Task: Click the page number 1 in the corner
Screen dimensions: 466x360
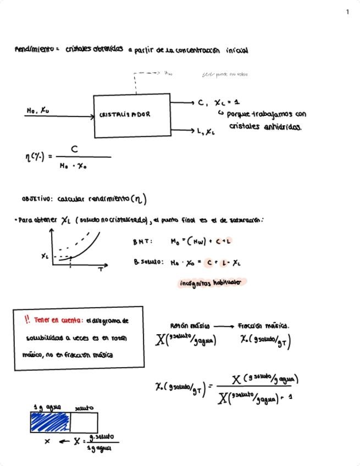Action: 347,12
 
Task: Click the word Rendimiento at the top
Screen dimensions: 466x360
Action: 34,50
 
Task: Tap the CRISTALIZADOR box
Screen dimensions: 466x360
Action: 132,115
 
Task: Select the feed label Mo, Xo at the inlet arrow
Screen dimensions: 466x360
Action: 37,110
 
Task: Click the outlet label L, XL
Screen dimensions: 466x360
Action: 206,131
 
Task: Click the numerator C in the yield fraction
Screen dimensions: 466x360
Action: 74,149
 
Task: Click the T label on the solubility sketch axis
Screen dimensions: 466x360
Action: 101,270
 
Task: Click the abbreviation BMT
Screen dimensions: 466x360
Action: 142,242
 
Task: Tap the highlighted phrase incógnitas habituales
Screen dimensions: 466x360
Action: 210,283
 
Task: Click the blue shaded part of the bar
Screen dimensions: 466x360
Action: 51,422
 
